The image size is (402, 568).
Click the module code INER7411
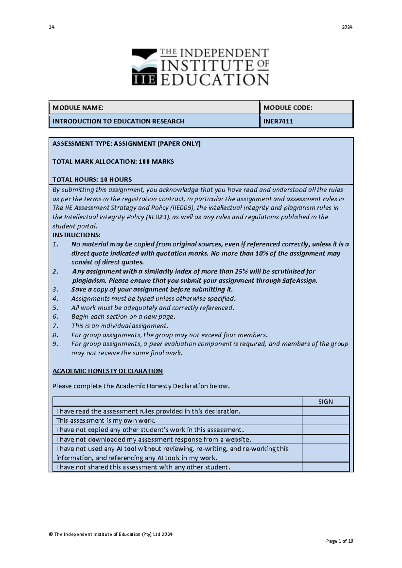coord(278,121)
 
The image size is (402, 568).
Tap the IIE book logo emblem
coord(144,67)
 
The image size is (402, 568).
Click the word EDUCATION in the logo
coord(214,80)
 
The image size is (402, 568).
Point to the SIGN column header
coord(325,402)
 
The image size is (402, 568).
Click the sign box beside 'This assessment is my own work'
coord(325,420)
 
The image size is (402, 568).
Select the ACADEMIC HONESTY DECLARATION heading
coord(108,371)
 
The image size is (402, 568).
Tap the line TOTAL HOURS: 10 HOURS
coord(92,180)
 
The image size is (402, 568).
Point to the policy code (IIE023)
coord(158,217)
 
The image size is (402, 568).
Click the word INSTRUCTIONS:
coord(76,235)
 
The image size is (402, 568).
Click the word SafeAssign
coord(299,280)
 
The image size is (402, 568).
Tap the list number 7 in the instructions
coord(55,326)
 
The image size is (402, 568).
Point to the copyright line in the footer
coord(111,534)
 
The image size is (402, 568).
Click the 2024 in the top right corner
coord(347,27)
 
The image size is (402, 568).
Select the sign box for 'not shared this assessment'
coord(325,467)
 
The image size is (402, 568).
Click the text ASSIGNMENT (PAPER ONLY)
coord(157,144)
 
